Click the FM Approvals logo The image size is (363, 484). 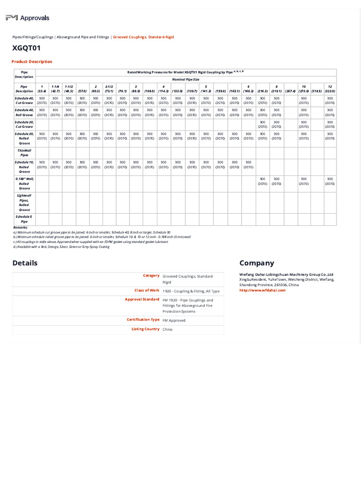(x=27, y=18)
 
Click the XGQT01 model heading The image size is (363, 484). (x=26, y=48)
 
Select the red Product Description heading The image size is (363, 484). (x=32, y=61)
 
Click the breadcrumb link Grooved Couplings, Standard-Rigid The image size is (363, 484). (x=143, y=37)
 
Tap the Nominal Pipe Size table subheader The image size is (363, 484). (x=185, y=79)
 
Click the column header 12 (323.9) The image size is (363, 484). (x=329, y=88)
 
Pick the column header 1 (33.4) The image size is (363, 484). (x=42, y=88)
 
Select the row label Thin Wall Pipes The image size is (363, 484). (x=24, y=152)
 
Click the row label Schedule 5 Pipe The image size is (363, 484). (x=24, y=219)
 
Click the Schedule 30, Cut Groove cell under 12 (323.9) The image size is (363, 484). (x=329, y=124)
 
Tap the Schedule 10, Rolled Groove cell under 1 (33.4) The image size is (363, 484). (x=42, y=164)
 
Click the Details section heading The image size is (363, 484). (x=25, y=263)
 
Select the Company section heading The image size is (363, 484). (x=256, y=263)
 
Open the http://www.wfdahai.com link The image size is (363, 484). (x=262, y=290)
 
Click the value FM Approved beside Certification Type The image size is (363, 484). (x=174, y=320)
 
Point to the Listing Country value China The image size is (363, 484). (x=167, y=329)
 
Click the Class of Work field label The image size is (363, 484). (x=147, y=290)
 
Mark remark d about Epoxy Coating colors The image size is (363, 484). (x=61, y=247)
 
